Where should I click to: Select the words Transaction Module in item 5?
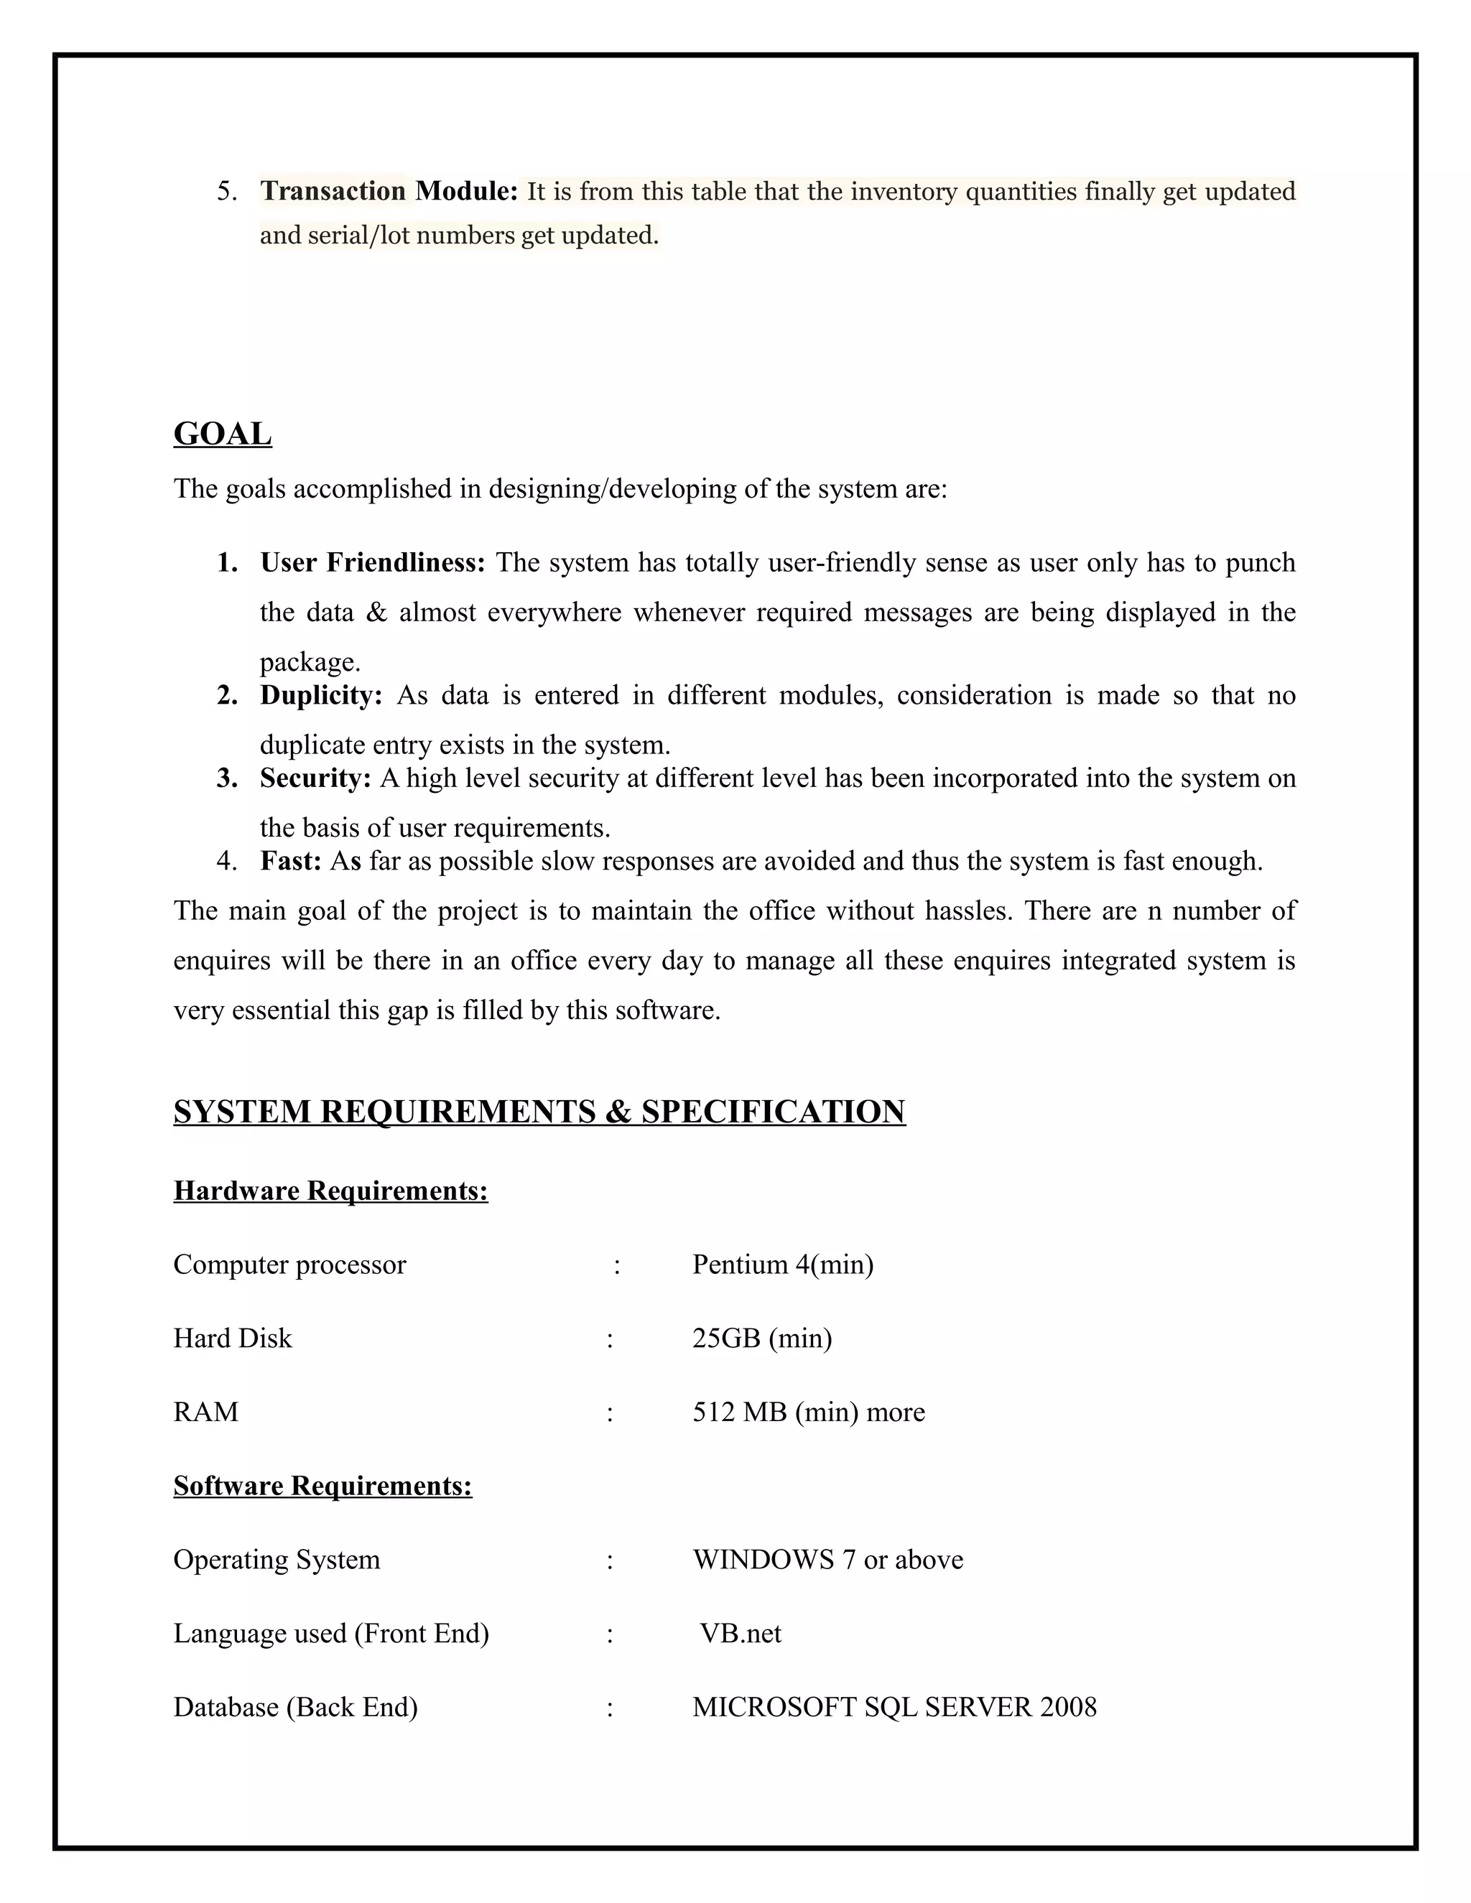click(x=389, y=191)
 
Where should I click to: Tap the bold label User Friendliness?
click(x=372, y=563)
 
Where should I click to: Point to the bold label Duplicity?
click(x=320, y=695)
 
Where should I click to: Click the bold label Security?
click(x=315, y=778)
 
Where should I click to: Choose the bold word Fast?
click(x=290, y=861)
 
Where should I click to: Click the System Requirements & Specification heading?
click(x=539, y=1112)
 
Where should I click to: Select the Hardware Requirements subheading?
click(x=330, y=1190)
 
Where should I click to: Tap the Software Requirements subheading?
click(x=322, y=1485)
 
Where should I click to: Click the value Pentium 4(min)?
click(x=783, y=1265)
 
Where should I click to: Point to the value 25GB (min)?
click(x=761, y=1338)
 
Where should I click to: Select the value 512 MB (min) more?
click(x=808, y=1412)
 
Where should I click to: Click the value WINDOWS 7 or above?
click(x=828, y=1559)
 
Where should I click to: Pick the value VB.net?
click(x=740, y=1633)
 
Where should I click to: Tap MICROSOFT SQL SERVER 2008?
click(x=894, y=1706)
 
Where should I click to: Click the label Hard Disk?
click(x=233, y=1338)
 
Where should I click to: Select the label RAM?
click(x=205, y=1412)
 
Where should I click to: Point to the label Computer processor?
click(x=289, y=1265)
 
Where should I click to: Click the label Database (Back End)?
click(x=295, y=1706)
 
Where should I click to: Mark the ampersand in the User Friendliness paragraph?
click(x=376, y=613)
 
